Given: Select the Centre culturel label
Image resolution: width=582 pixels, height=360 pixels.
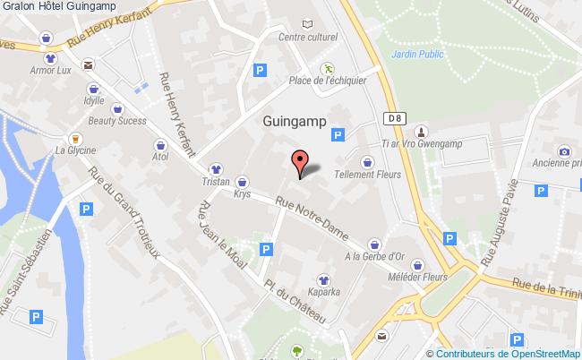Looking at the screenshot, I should (308, 39).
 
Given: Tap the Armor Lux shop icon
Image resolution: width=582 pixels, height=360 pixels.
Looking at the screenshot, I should (52, 56).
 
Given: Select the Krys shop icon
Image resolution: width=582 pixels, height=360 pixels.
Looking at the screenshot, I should (243, 182).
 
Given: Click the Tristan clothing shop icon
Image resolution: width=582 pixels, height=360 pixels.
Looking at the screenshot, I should (216, 167).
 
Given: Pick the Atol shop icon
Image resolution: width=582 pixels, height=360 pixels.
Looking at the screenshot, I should (160, 145).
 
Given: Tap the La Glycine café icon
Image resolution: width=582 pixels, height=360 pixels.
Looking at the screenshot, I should (75, 140).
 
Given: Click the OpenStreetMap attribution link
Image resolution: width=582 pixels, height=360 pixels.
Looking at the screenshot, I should (538, 353).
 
